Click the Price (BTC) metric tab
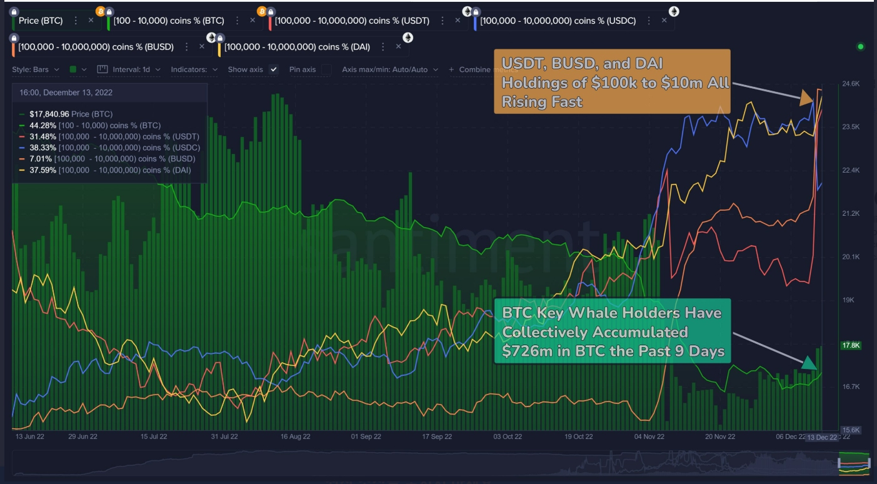[41, 21]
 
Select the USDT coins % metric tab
[352, 21]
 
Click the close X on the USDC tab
[664, 21]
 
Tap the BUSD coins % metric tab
[96, 47]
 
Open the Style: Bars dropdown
[36, 69]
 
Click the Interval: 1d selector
[136, 69]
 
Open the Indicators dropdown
[194, 69]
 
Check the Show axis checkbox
[273, 69]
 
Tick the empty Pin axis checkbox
[326, 69]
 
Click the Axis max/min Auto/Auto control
[389, 69]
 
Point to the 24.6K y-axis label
[851, 84]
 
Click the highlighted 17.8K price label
[852, 345]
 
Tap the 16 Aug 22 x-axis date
[296, 437]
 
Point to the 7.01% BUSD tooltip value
[41, 159]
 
